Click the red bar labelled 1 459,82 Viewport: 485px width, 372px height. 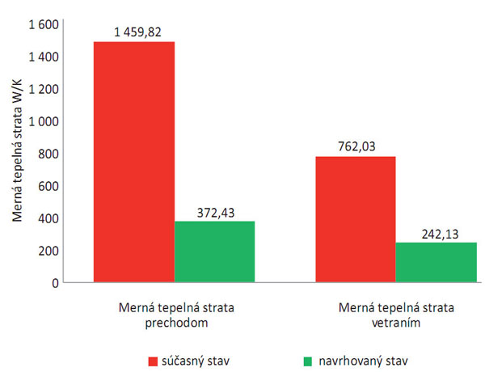tap(134, 162)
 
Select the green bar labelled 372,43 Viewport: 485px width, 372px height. tap(214, 252)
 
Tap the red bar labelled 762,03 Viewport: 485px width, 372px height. tap(356, 219)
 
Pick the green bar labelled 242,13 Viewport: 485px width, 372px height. tap(436, 262)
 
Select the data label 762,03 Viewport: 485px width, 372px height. tap(355, 148)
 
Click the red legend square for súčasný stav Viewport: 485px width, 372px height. tap(151, 356)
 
